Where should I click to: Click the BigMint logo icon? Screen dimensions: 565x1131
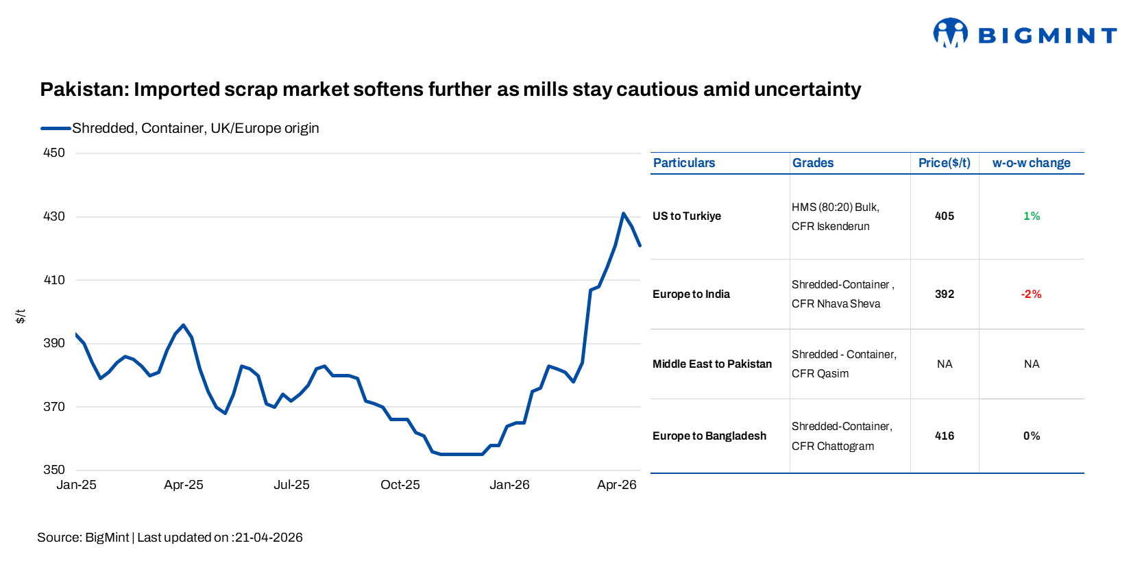(950, 32)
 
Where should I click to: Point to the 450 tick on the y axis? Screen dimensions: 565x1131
(54, 153)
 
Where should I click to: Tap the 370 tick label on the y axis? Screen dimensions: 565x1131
(54, 407)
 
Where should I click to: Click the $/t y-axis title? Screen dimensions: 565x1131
(21, 316)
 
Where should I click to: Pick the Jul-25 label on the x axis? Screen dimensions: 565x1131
(291, 485)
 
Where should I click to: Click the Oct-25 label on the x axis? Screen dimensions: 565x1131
(400, 485)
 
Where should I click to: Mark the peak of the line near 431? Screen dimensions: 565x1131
(623, 214)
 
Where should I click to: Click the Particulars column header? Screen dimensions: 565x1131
(683, 163)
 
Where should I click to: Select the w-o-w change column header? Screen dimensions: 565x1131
(1031, 163)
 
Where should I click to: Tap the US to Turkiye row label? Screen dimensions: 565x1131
(686, 216)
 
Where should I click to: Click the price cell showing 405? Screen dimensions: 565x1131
(944, 216)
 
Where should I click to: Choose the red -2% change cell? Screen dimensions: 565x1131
(1031, 294)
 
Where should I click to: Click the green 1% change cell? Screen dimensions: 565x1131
(1031, 216)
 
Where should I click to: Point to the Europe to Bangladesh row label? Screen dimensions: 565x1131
(709, 436)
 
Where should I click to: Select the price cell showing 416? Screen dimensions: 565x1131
(944, 436)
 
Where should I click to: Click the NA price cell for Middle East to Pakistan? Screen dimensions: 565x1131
(944, 364)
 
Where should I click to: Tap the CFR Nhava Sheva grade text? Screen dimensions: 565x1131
(836, 304)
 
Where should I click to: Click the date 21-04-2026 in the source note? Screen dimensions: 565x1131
(269, 538)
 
